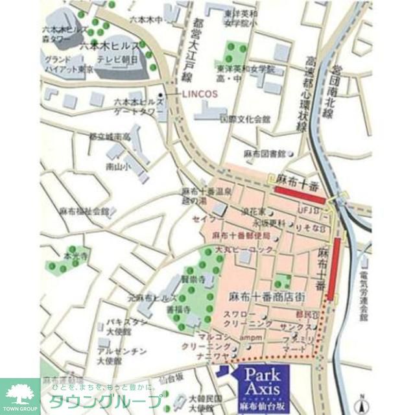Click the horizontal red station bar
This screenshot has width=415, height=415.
[x=300, y=196]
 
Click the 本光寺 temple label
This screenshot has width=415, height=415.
[x=74, y=257]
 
